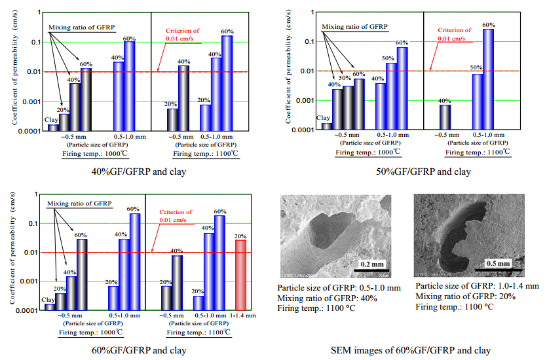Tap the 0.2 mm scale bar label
[372, 264]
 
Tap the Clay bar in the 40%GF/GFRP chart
[53, 127]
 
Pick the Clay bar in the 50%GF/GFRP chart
[326, 126]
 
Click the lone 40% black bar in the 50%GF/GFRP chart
[445, 117]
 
